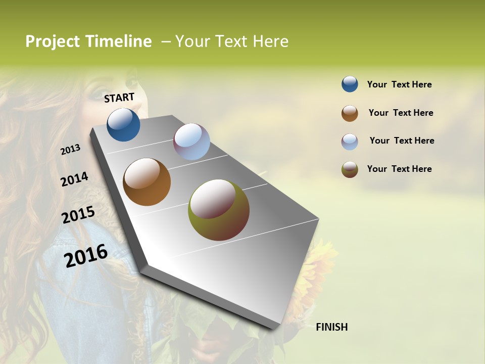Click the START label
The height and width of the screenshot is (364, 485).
point(119,98)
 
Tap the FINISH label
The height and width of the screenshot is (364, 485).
point(331,327)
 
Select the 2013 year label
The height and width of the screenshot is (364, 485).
point(70,150)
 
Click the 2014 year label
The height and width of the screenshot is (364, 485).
point(74,179)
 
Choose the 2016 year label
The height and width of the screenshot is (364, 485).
point(86,255)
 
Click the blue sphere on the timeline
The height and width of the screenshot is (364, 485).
point(123,125)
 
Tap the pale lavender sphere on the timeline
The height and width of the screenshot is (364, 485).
point(191,142)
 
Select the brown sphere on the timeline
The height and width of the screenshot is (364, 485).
point(147,182)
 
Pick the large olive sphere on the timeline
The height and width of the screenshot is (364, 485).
point(218,210)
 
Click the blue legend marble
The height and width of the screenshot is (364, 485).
point(350,84)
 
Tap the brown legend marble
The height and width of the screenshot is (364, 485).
point(350,113)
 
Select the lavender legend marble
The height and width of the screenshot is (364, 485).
point(350,142)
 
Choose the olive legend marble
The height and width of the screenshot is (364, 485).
point(350,169)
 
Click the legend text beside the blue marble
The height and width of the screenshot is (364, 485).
point(399,84)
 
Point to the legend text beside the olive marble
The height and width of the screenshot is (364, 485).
point(399,169)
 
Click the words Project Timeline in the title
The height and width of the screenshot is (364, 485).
point(88,41)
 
